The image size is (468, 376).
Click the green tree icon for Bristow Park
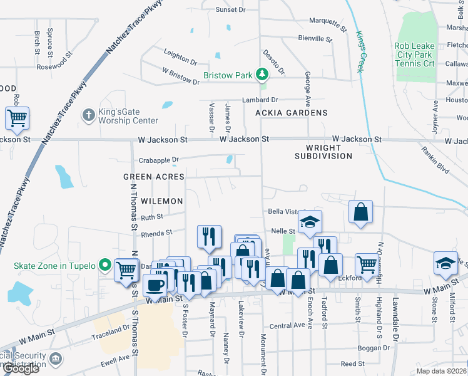262,76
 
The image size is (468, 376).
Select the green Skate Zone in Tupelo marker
106,266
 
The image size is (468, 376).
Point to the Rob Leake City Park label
423,55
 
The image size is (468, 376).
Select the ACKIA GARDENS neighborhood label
292,113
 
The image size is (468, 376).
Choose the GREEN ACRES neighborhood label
154,177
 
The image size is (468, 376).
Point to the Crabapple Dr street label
159,160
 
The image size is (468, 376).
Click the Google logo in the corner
21,368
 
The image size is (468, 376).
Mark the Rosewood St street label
56,66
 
